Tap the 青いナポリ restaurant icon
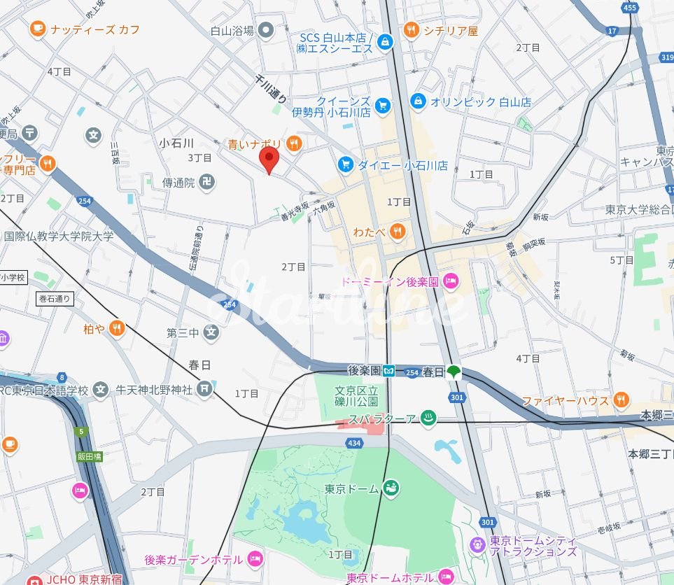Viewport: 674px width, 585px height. tap(293, 144)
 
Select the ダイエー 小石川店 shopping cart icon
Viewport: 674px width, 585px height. tap(344, 164)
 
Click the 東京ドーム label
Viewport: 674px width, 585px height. tap(352, 488)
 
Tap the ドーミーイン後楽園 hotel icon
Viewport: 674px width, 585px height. tap(451, 281)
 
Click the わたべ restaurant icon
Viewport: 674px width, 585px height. tap(397, 231)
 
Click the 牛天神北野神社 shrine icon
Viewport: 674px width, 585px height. tap(204, 388)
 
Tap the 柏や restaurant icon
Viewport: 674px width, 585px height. tap(116, 328)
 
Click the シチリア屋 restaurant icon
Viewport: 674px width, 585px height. tap(411, 30)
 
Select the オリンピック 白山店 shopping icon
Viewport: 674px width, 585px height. tap(418, 101)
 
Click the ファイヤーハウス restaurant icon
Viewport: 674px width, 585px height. tap(620, 400)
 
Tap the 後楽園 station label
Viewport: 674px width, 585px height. tap(364, 370)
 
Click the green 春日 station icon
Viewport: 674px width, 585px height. tap(454, 372)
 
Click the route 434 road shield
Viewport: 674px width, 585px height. tap(354, 444)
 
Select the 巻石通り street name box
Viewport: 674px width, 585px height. tap(55, 298)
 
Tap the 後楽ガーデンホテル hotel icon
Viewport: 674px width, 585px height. tap(255, 559)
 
